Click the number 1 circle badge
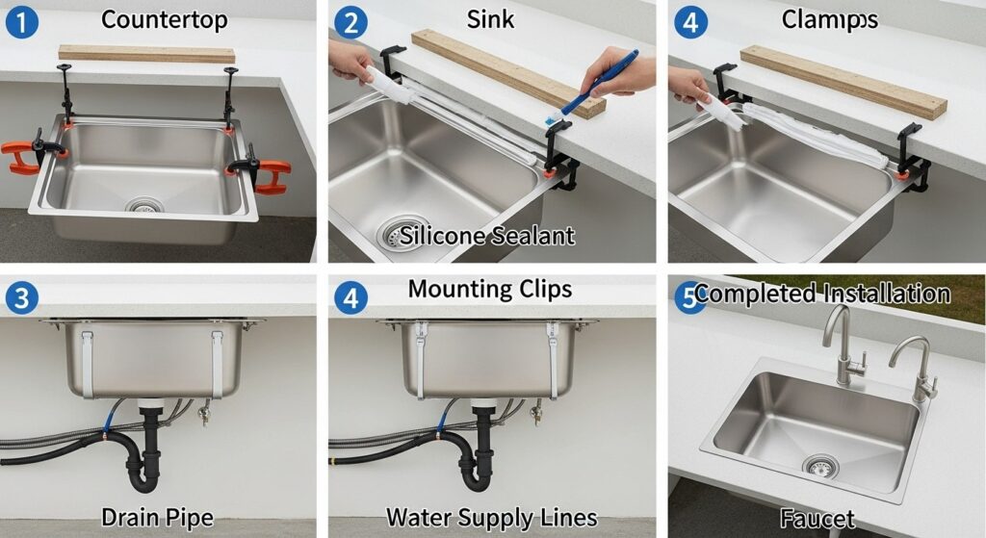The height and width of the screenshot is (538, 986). coord(21,22)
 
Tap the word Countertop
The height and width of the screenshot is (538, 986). coord(164,20)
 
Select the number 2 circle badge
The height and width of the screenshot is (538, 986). coord(350,22)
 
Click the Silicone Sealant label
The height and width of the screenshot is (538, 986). coord(487,236)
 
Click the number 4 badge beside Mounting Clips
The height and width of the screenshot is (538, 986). coord(350,297)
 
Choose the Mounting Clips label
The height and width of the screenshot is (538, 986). coord(490,289)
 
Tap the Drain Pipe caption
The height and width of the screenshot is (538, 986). coord(157,518)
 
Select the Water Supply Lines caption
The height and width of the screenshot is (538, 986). coord(492,518)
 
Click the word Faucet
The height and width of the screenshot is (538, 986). coord(817,519)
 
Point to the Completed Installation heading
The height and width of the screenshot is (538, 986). coord(822,294)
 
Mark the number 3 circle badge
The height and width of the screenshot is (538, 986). coord(21,297)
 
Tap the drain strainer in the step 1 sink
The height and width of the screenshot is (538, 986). coord(144,205)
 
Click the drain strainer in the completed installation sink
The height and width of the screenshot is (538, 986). coord(820,467)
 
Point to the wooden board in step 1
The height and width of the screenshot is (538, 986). coord(146,54)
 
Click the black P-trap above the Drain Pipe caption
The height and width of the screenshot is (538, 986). coord(146,452)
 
